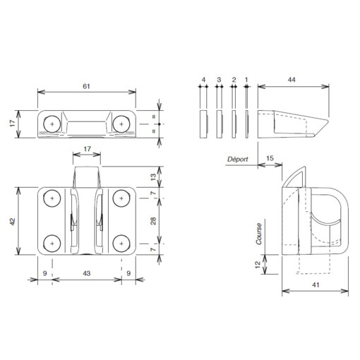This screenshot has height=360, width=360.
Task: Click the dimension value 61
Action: (x=87, y=85)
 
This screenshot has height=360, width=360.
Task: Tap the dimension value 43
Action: (x=86, y=273)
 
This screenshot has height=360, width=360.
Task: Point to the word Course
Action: (x=259, y=234)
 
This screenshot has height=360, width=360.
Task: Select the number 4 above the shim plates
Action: (x=203, y=81)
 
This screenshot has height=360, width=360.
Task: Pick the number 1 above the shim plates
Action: (x=246, y=81)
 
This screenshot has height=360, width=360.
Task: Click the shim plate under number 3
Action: (x=219, y=122)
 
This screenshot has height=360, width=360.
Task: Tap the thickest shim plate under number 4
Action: (x=203, y=122)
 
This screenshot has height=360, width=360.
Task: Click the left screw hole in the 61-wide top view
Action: (x=52, y=124)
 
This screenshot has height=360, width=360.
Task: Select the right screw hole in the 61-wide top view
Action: (x=121, y=124)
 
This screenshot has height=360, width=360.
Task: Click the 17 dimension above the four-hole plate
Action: (x=86, y=149)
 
